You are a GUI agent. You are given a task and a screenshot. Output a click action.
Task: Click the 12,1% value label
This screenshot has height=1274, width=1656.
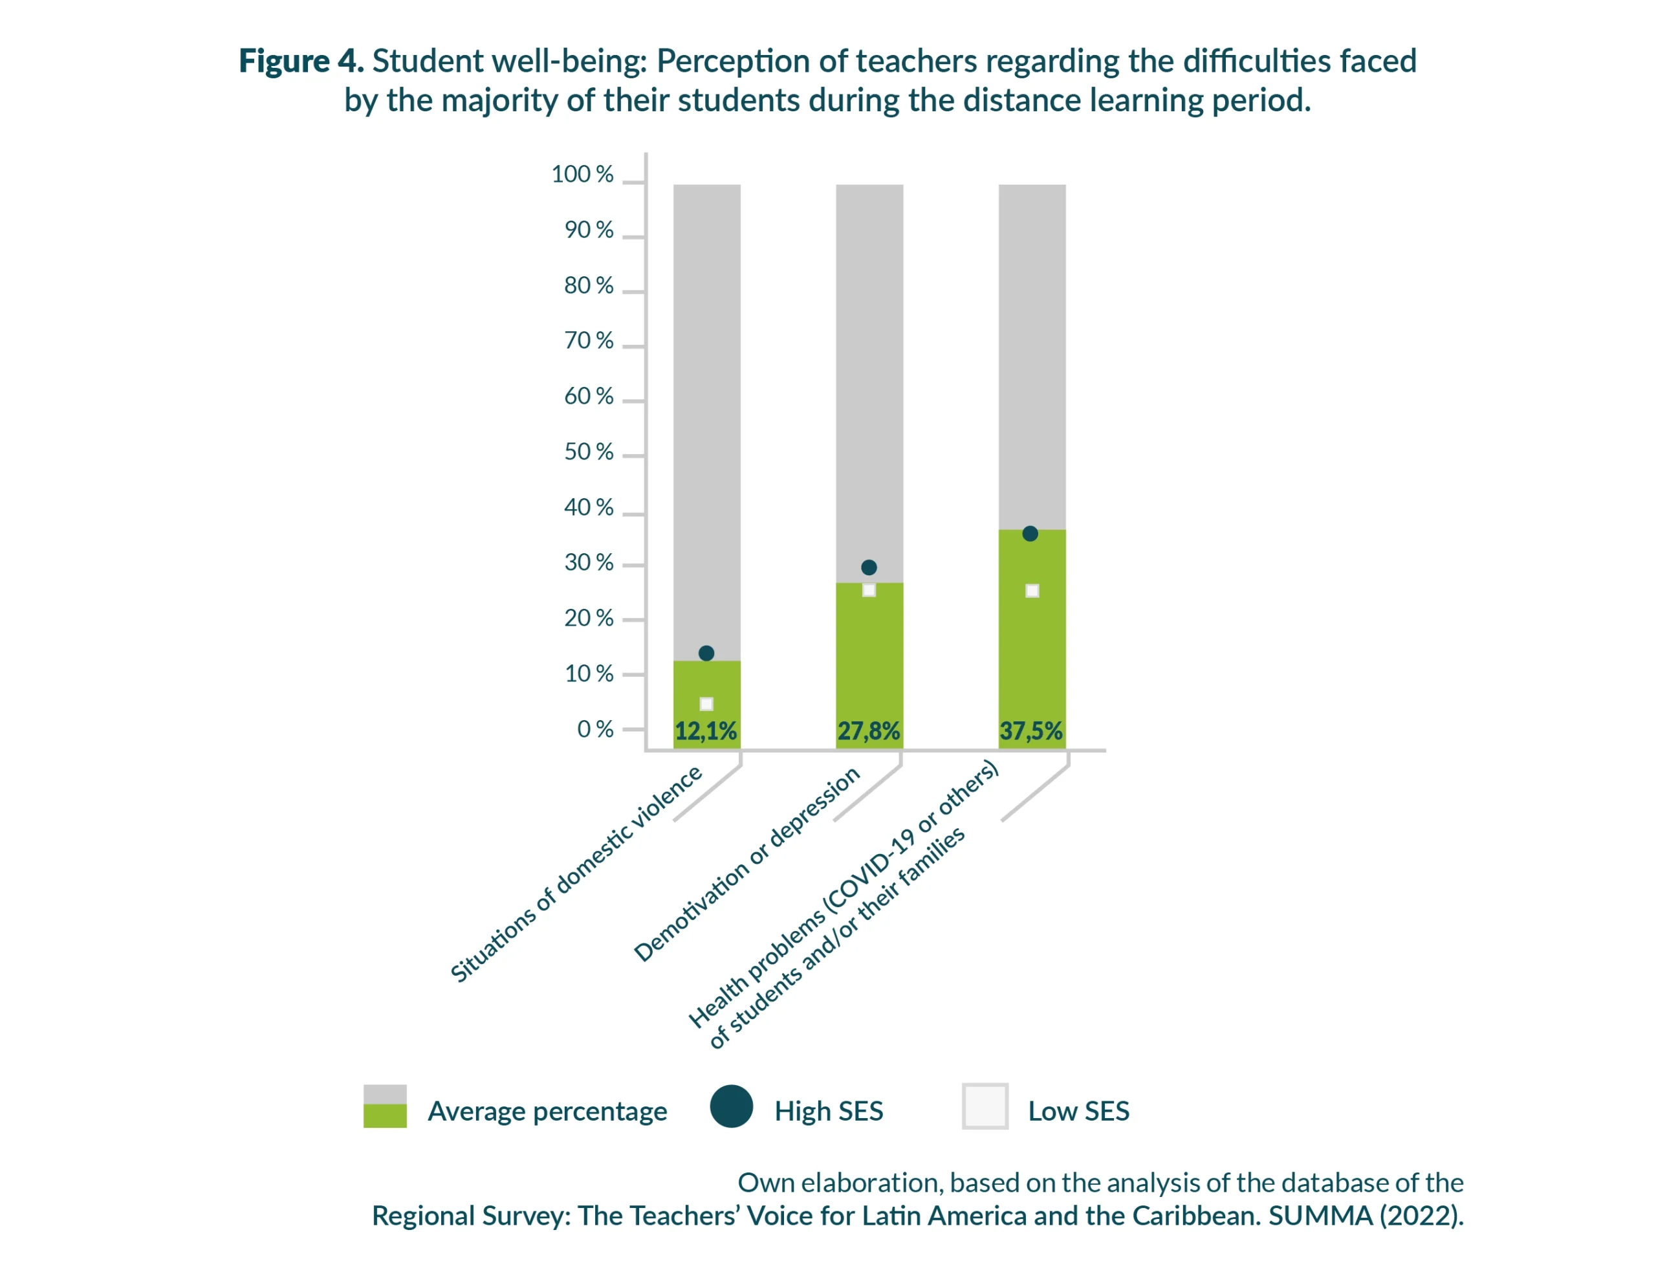click(x=706, y=731)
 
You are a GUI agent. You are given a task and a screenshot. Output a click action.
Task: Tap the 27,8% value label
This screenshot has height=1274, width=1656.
click(x=868, y=731)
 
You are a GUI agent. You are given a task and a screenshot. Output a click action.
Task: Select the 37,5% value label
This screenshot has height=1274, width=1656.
click(x=1031, y=731)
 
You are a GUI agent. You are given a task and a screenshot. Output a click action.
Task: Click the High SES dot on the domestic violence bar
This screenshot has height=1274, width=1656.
click(x=706, y=653)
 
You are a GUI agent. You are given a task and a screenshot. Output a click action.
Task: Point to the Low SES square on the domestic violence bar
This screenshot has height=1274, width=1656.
click(x=706, y=704)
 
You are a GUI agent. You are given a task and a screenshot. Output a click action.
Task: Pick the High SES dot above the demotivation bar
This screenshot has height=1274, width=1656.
click(x=869, y=567)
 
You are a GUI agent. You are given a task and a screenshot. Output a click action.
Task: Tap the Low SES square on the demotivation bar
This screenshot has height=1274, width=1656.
click(x=869, y=590)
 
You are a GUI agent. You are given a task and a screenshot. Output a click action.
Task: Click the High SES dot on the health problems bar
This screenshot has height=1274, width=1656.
click(x=1030, y=534)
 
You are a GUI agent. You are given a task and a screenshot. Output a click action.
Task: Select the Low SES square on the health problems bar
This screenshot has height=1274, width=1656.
click(x=1032, y=591)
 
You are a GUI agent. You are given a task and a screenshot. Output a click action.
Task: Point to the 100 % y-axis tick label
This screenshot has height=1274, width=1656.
click(x=582, y=175)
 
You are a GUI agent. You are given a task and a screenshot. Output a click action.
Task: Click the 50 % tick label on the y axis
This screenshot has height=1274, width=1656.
click(x=589, y=452)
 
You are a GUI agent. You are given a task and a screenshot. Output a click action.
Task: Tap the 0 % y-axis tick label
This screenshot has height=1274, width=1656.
click(x=595, y=729)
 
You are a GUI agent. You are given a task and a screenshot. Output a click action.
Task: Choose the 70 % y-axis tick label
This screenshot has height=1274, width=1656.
click(x=589, y=340)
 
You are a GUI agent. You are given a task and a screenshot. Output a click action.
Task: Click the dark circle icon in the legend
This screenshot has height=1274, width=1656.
click(x=731, y=1106)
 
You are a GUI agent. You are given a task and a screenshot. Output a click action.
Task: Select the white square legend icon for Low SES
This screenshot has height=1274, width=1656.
click(x=985, y=1106)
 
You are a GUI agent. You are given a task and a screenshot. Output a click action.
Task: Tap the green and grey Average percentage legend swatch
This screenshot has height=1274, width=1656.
click(x=385, y=1106)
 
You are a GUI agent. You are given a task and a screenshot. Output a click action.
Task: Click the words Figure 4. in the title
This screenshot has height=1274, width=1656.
click(x=301, y=61)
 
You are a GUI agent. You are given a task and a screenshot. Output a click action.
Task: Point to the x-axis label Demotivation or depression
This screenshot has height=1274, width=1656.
click(x=747, y=864)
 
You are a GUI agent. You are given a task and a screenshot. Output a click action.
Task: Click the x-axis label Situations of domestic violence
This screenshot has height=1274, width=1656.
click(x=576, y=874)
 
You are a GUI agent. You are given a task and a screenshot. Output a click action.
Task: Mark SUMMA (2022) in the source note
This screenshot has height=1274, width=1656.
click(x=1365, y=1216)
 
